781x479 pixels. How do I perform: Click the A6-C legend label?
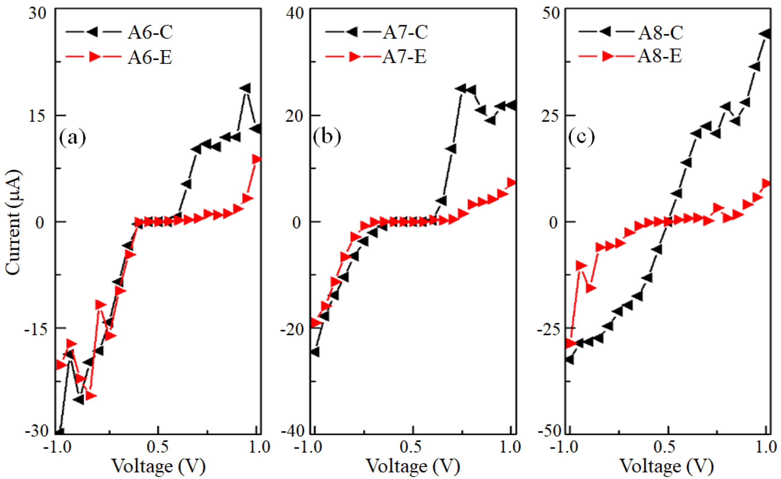(x=150, y=32)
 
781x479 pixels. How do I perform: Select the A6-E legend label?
(x=150, y=57)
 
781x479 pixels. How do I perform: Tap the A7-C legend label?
(x=405, y=32)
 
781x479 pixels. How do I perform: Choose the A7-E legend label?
(x=404, y=57)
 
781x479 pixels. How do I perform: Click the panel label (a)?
(x=73, y=138)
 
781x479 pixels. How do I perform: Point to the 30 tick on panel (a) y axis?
(x=37, y=13)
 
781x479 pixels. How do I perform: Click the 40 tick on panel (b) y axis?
(x=295, y=13)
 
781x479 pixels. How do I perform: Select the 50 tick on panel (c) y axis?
(x=551, y=13)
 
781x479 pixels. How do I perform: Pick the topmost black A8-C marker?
(x=765, y=34)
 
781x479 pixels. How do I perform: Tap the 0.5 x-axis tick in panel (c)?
(x=668, y=447)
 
